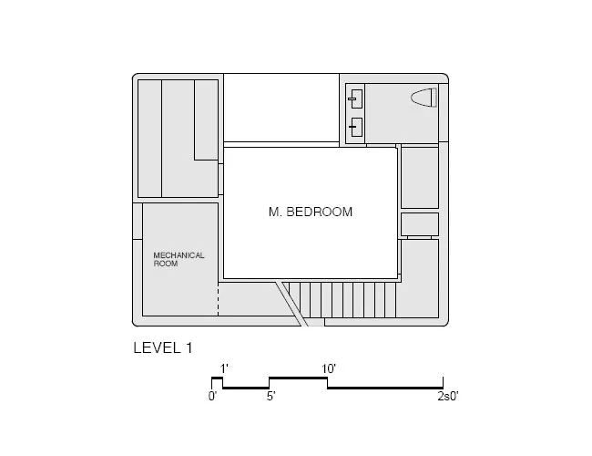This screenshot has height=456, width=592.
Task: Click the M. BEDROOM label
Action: click(x=311, y=212)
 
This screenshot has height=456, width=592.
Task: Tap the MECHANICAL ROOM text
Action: click(x=179, y=259)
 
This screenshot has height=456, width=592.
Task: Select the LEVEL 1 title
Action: click(x=163, y=347)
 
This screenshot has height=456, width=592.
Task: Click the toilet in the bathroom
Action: click(x=424, y=98)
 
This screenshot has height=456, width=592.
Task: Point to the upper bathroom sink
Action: click(x=355, y=99)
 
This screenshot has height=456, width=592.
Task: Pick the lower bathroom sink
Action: click(x=356, y=127)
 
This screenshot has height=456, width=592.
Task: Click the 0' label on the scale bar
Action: click(x=212, y=396)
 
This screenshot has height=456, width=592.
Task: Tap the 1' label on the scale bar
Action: click(x=224, y=368)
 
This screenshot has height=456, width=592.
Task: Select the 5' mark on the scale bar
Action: click(x=271, y=396)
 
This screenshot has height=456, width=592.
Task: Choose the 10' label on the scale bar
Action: click(x=329, y=368)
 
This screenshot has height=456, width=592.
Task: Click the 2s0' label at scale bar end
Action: click(x=448, y=396)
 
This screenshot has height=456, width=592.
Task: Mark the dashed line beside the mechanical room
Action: click(x=219, y=299)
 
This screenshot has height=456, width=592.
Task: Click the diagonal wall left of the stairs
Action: click(x=291, y=304)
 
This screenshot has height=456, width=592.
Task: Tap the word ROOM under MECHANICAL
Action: click(x=166, y=264)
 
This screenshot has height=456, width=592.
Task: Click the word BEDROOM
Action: click(x=320, y=212)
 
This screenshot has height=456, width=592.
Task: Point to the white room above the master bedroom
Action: click(x=281, y=108)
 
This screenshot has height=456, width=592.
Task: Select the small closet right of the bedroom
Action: click(x=420, y=224)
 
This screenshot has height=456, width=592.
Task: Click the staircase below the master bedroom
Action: click(x=342, y=300)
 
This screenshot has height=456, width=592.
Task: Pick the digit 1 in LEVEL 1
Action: click(x=189, y=347)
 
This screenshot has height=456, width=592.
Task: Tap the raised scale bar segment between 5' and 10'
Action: click(x=298, y=378)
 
